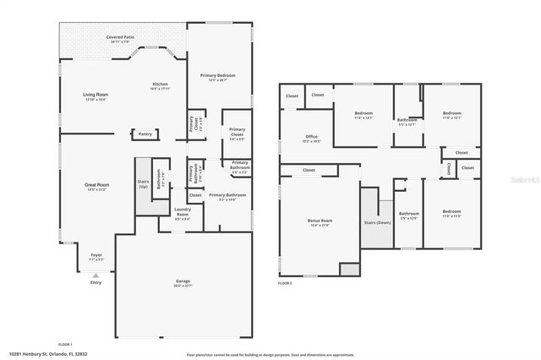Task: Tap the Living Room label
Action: [x=95, y=95]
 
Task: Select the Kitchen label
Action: [x=160, y=85]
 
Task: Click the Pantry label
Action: [x=145, y=134]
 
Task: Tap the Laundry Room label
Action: [x=182, y=212]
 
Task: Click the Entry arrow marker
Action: [x=96, y=275]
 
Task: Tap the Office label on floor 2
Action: [x=311, y=139]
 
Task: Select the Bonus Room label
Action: [x=320, y=221]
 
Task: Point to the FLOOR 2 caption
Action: [x=284, y=283]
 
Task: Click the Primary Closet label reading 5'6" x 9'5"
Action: [x=237, y=133]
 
